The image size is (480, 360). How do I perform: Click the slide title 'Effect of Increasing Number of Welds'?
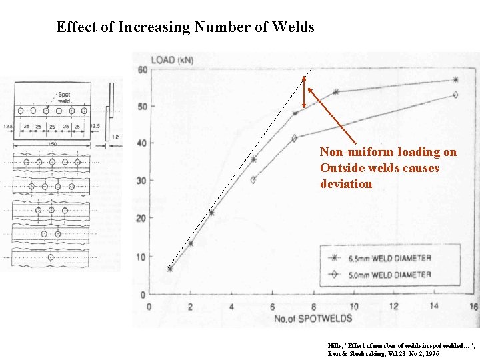click(x=185, y=27)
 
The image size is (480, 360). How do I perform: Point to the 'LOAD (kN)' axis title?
click(x=172, y=60)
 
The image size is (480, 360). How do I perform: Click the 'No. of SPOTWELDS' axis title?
click(x=313, y=318)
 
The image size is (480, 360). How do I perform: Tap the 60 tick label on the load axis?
click(x=142, y=71)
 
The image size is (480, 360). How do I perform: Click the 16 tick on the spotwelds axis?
click(x=474, y=306)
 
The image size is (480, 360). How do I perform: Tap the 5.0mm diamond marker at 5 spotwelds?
click(x=253, y=179)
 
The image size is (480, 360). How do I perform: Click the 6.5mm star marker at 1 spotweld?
click(x=170, y=269)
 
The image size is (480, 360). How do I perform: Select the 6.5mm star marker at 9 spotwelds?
click(x=335, y=91)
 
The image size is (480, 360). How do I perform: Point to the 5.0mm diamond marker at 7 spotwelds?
click(x=295, y=138)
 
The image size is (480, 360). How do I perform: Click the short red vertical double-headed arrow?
click(x=305, y=92)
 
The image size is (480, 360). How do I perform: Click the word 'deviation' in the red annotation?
click(x=345, y=184)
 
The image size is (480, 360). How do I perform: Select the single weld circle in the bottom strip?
click(x=51, y=257)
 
